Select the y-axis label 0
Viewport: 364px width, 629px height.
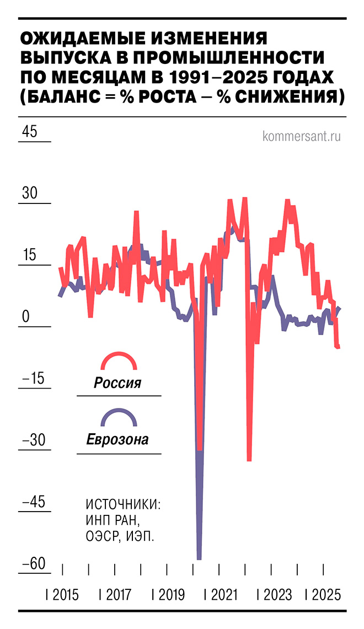point(25,318)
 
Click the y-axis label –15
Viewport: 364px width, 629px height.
point(33,379)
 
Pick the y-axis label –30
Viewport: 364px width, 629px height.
point(33,441)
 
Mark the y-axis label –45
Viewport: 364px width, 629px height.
point(33,503)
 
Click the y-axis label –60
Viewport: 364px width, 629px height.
point(33,565)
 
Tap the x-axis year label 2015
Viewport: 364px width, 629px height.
point(65,595)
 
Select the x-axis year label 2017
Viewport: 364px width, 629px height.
point(118,595)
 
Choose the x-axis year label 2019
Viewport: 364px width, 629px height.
point(171,595)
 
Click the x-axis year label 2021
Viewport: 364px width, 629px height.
point(223,595)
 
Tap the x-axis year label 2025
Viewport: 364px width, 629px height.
point(326,595)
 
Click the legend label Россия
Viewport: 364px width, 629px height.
point(117,383)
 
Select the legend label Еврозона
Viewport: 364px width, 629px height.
point(117,440)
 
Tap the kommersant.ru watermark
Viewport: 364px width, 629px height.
point(302,136)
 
